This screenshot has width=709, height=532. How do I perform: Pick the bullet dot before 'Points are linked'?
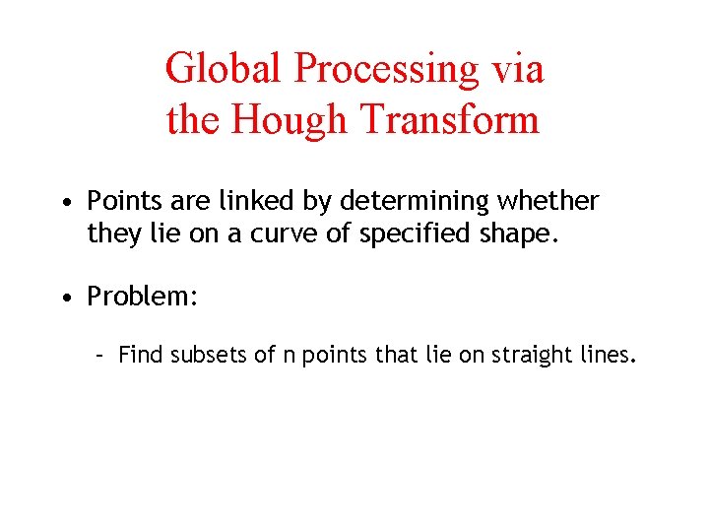[x=64, y=203]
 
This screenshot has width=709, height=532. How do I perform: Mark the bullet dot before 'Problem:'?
[x=64, y=298]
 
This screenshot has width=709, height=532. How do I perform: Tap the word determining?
[x=417, y=202]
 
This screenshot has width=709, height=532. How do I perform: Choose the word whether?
[x=548, y=202]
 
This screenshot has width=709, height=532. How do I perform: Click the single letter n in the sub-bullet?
[x=289, y=356]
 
